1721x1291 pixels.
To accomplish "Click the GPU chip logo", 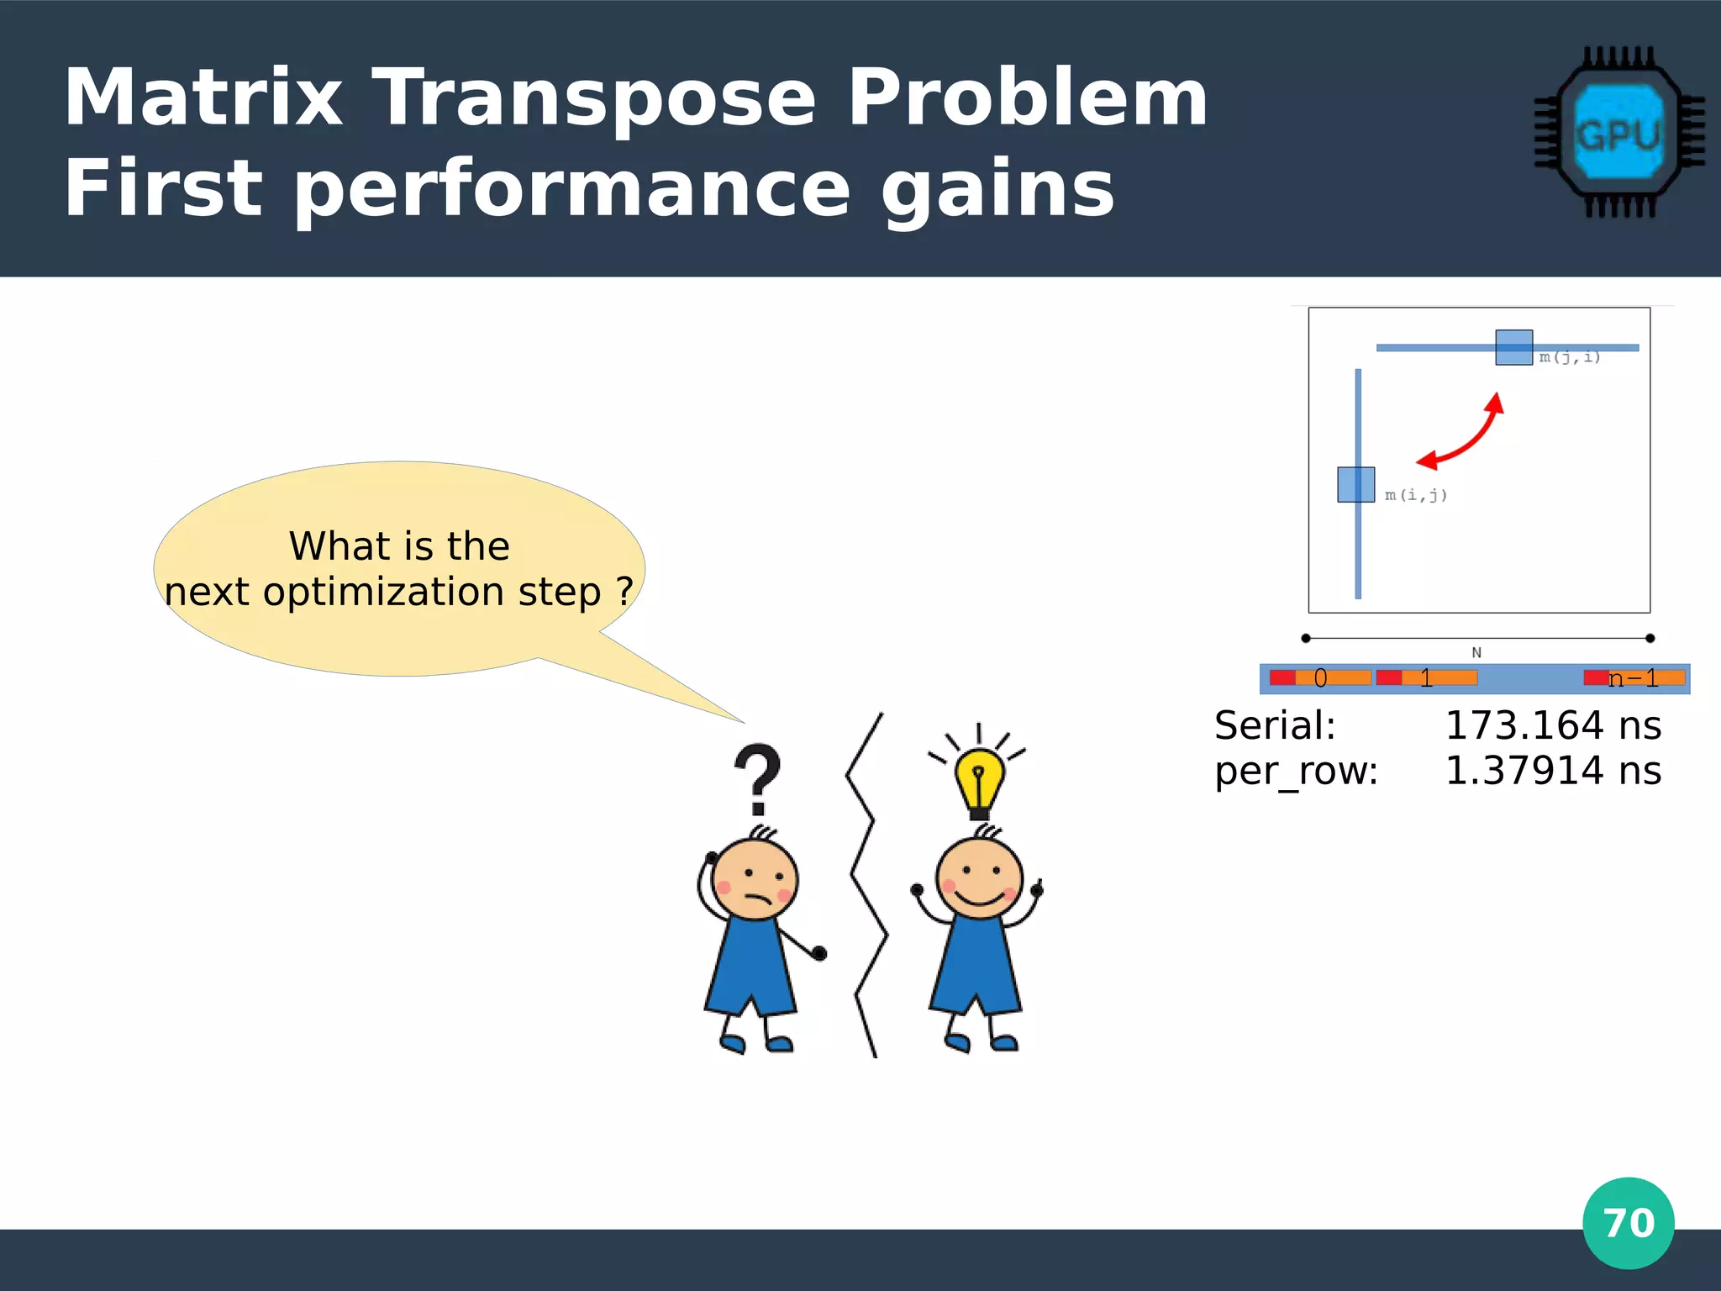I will (x=1618, y=132).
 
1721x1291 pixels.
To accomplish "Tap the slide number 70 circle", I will (x=1628, y=1223).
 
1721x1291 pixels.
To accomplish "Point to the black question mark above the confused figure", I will (x=758, y=777).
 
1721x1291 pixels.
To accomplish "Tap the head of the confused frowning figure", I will (x=755, y=879).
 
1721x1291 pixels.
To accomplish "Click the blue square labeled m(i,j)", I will (x=1355, y=485).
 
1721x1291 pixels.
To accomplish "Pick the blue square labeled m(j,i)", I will (x=1513, y=347).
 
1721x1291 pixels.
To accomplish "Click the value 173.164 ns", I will (x=1552, y=725).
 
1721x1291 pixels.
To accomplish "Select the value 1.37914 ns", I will (x=1552, y=771).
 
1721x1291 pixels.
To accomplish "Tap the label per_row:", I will (x=1296, y=771).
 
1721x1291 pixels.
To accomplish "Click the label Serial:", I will (x=1275, y=725).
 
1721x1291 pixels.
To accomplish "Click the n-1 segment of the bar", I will (x=1634, y=678).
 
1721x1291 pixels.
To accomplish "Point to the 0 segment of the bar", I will (x=1320, y=678).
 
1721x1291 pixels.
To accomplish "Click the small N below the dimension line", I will (x=1476, y=652).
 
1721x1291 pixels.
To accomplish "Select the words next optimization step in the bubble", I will (x=382, y=592).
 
